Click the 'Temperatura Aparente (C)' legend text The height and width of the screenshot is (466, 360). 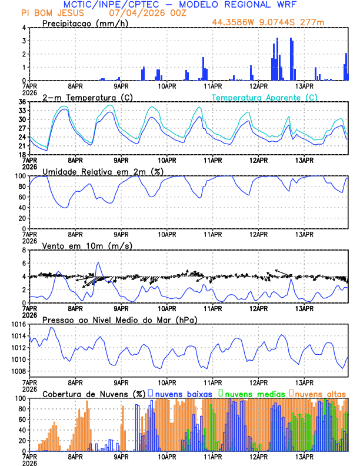click(x=264, y=97)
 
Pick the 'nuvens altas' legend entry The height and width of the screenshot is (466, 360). click(x=320, y=393)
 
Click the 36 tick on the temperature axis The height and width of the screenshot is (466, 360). click(x=22, y=102)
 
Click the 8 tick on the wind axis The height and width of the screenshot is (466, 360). click(x=24, y=250)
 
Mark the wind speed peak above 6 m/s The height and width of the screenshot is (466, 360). click(x=98, y=262)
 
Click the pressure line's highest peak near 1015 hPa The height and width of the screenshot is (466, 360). click(x=52, y=328)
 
